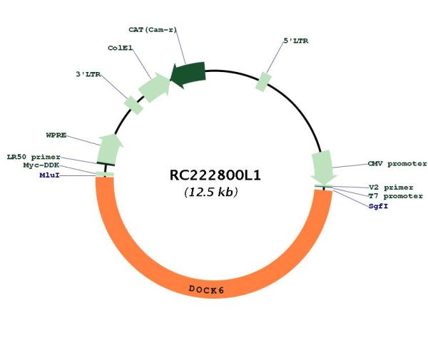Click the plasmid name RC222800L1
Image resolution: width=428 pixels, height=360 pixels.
pyautogui.click(x=215, y=175)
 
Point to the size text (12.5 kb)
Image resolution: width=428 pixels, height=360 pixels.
pyautogui.click(x=211, y=192)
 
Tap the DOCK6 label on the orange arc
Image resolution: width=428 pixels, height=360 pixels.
pyautogui.click(x=206, y=289)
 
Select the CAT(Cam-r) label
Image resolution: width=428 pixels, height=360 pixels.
pyautogui.click(x=153, y=29)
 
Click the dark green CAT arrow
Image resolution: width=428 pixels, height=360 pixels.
pyautogui.click(x=188, y=74)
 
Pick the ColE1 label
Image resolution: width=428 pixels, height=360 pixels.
pyautogui.click(x=120, y=48)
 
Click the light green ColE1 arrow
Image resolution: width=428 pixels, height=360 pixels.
pyautogui.click(x=154, y=87)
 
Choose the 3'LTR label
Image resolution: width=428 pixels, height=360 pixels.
pyautogui.click(x=88, y=74)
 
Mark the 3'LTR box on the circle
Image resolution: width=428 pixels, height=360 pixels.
pyautogui.click(x=133, y=106)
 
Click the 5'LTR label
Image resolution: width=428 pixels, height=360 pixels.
pyautogui.click(x=296, y=41)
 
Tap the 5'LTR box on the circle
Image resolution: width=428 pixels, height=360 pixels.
pyautogui.click(x=263, y=82)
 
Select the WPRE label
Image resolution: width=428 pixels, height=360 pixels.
pyautogui.click(x=56, y=135)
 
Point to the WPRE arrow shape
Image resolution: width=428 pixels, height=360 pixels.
pyautogui.click(x=109, y=149)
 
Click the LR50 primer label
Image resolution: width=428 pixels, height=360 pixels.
pyautogui.click(x=34, y=157)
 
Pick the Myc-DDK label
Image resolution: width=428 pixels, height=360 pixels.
pyautogui.click(x=41, y=165)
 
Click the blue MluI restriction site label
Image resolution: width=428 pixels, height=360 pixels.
pyautogui.click(x=49, y=175)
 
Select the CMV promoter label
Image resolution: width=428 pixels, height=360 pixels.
pyautogui.click(x=397, y=164)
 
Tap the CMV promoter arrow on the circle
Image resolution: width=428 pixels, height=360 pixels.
pyautogui.click(x=323, y=168)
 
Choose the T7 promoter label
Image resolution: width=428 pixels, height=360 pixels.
pyautogui.click(x=395, y=196)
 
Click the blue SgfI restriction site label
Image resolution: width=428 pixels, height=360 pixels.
pyautogui.click(x=378, y=206)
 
